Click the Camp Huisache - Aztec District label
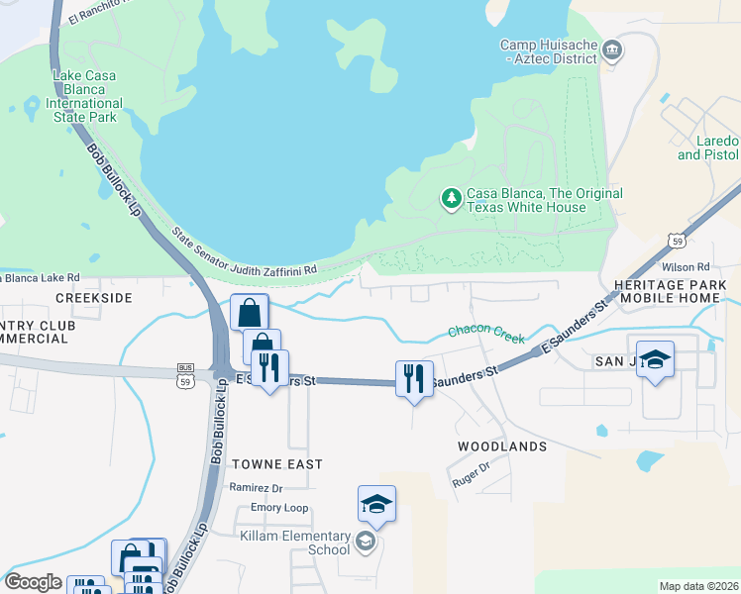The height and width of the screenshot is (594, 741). point(548,51)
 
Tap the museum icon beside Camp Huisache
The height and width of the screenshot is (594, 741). point(612,49)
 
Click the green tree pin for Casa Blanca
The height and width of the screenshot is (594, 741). point(452,199)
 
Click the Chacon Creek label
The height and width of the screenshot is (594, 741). point(486,336)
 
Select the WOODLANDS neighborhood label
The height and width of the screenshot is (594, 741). point(502,446)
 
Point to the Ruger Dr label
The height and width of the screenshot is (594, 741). point(472,475)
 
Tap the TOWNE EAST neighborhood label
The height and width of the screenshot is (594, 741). point(277,463)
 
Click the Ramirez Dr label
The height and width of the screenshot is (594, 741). point(256,487)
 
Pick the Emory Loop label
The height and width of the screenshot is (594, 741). point(279,508)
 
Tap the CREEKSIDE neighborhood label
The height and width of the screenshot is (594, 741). point(94,298)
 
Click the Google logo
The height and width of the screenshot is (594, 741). point(33,582)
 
